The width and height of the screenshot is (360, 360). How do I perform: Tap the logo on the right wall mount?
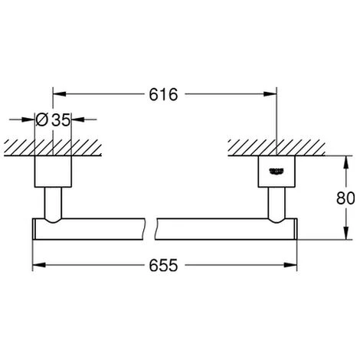point(276,170)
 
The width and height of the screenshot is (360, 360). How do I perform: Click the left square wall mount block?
point(53,172)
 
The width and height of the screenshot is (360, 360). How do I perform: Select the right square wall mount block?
point(276,172)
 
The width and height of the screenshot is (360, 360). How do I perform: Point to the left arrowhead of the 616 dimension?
point(57,95)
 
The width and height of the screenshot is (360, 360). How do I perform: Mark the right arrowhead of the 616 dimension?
point(271,95)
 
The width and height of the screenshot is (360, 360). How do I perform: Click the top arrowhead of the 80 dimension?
point(340,161)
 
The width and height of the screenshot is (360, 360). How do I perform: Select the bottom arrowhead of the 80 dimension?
point(340,235)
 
